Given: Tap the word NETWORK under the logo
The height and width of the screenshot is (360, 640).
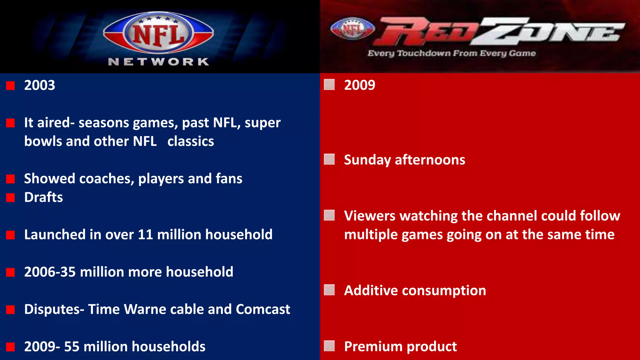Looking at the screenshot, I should [x=158, y=62].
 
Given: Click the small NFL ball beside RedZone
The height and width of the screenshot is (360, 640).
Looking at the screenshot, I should [x=352, y=29].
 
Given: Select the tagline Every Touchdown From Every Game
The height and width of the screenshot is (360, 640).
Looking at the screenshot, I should [x=452, y=53].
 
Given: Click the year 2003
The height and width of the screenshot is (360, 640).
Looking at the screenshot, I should [x=40, y=85].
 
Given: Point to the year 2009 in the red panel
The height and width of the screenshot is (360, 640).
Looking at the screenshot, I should [x=359, y=85].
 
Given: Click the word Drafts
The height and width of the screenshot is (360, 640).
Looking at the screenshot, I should [x=43, y=197].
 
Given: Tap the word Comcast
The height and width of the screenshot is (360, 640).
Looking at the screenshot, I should [x=263, y=309].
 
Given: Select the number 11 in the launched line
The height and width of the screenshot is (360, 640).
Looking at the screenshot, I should [x=145, y=235].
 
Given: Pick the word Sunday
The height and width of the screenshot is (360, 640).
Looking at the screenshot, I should [x=367, y=160].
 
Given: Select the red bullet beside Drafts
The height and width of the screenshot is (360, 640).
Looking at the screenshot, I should [x=10, y=197].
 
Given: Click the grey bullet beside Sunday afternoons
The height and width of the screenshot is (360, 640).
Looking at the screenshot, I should [x=329, y=159].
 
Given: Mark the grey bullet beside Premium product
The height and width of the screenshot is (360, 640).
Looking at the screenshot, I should [x=329, y=346].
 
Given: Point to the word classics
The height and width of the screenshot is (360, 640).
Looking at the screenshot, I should [x=191, y=142].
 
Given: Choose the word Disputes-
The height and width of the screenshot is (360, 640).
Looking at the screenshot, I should [x=54, y=309].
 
